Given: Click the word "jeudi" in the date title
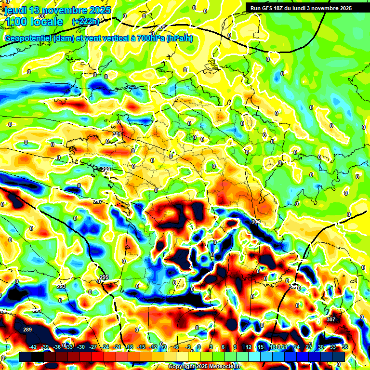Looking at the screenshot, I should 14,10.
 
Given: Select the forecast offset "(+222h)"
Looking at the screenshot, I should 86,22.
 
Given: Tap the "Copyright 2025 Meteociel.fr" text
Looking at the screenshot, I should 205,367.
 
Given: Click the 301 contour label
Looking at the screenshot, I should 117,134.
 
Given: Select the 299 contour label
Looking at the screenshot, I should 106,169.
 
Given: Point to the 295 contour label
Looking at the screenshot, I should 104,277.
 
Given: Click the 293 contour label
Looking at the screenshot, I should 61,286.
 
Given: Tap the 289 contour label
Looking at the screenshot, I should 27,330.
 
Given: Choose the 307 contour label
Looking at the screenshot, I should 330,319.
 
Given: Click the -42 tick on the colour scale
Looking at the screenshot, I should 33,347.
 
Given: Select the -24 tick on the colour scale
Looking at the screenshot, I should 105,347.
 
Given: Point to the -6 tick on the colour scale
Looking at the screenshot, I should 176,347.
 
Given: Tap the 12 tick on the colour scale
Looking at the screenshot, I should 248,347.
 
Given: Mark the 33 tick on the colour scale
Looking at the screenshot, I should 332,347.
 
